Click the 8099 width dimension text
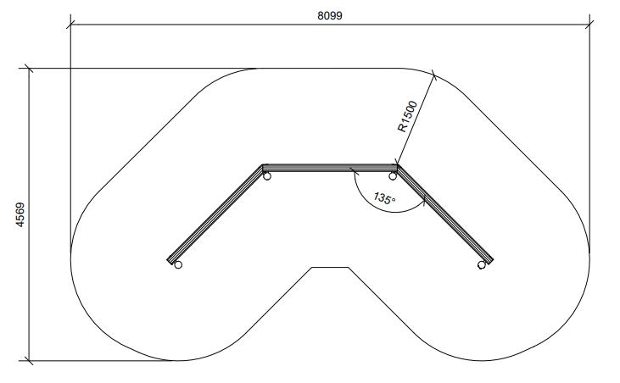pos(330,14)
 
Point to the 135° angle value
pos(384,199)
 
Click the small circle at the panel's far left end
pos(177,265)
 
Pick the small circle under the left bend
pos(266,176)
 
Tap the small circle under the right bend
pos(394,175)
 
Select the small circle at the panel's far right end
pos(482,265)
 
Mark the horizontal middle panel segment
pos(330,166)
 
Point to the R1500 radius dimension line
pos(416,119)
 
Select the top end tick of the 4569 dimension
pos(31,68)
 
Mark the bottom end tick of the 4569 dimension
pos(31,360)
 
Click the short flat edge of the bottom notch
pos(330,267)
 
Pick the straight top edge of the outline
pos(330,68)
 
